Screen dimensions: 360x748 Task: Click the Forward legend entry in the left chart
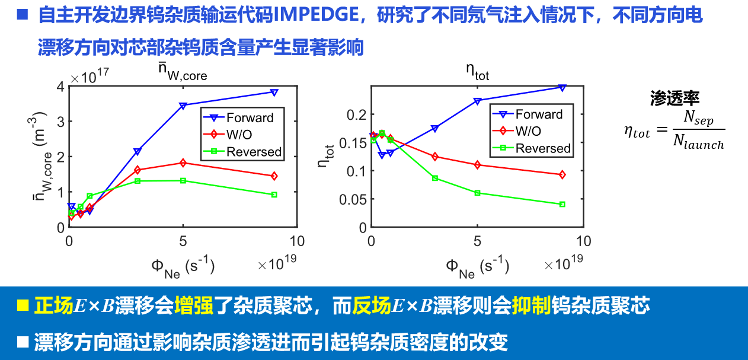coord(250,117)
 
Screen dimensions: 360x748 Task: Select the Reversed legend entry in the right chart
coord(543,148)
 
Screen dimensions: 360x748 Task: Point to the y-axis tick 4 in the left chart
coord(60,87)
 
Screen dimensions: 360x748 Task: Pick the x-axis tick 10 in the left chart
coord(296,241)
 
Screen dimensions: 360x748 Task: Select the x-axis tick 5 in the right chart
coord(477,241)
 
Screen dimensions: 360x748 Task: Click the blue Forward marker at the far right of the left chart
coord(274,93)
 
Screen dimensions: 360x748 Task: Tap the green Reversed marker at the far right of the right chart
coord(562,204)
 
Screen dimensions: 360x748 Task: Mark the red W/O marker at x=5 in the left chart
coord(183,163)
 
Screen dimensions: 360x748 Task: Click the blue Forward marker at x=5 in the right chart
coord(477,101)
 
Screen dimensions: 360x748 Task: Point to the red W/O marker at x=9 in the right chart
coord(562,174)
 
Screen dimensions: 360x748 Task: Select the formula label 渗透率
coord(675,98)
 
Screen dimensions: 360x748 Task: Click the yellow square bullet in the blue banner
coord(23,305)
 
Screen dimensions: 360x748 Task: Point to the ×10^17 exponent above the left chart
coord(89,77)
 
